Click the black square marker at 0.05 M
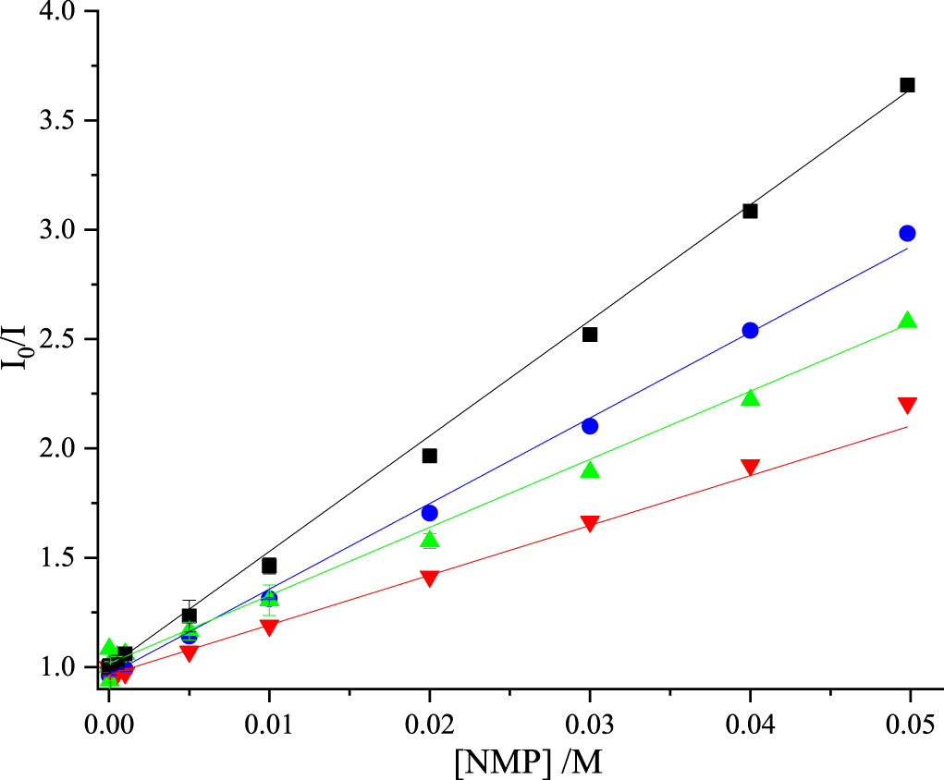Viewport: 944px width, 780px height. (x=907, y=85)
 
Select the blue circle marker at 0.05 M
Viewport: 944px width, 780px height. (x=907, y=233)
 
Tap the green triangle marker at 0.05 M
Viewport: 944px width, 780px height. (x=907, y=321)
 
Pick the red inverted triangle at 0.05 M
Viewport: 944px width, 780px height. (x=907, y=405)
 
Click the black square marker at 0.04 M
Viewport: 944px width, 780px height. (x=750, y=211)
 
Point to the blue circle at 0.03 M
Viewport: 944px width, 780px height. (x=590, y=426)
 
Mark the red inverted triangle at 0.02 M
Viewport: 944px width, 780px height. (x=429, y=578)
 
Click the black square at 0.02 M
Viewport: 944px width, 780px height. (x=429, y=456)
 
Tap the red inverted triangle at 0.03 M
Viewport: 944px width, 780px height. (x=590, y=524)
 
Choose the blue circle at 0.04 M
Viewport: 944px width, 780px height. (x=750, y=330)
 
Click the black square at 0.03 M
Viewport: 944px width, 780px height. (x=590, y=335)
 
